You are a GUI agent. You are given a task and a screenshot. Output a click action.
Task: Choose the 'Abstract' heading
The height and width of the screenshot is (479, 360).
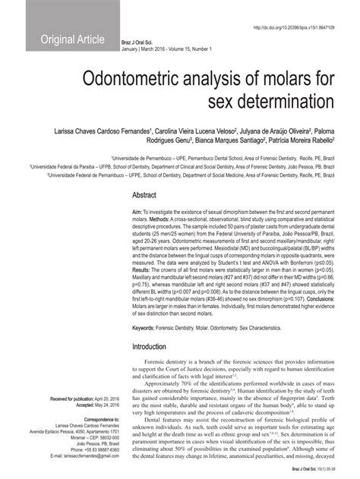144,195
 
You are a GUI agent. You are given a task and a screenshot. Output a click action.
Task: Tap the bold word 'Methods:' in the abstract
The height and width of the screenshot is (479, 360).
161,219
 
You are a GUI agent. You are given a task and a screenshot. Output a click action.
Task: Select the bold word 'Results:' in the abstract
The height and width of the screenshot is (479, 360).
142,269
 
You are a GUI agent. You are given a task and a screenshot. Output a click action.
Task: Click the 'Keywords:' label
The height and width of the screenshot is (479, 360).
147,327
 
